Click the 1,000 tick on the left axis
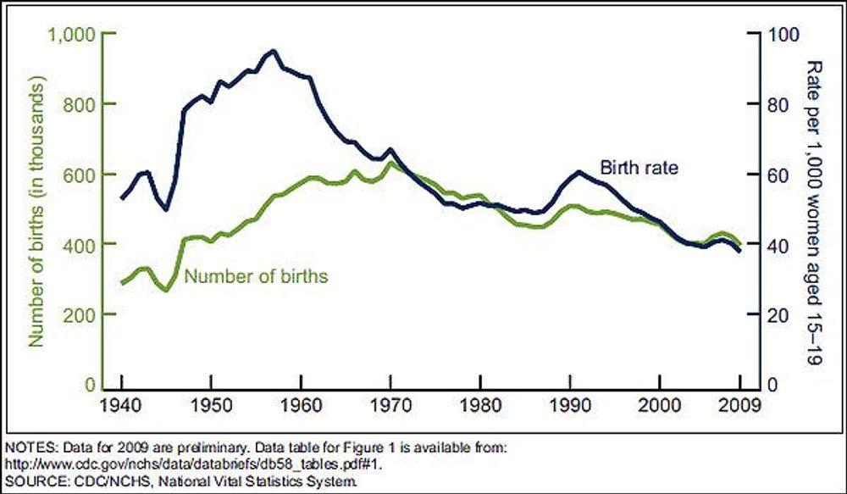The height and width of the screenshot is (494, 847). (73, 34)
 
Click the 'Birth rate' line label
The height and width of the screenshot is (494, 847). (639, 167)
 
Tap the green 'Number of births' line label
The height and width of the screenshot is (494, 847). (256, 275)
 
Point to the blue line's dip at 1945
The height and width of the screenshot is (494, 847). (167, 209)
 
